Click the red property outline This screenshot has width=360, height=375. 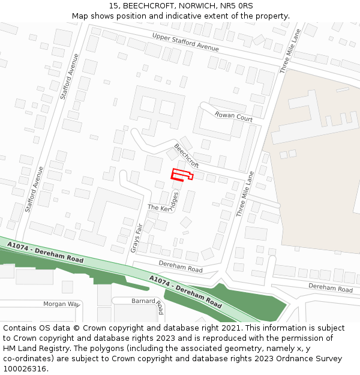pyautogui.click(x=181, y=175)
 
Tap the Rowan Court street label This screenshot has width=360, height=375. pyautogui.click(x=233, y=116)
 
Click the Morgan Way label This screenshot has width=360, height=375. pyautogui.click(x=61, y=304)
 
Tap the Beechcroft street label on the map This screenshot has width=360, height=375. pyautogui.click(x=187, y=155)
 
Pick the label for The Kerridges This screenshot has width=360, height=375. pyautogui.click(x=163, y=206)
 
